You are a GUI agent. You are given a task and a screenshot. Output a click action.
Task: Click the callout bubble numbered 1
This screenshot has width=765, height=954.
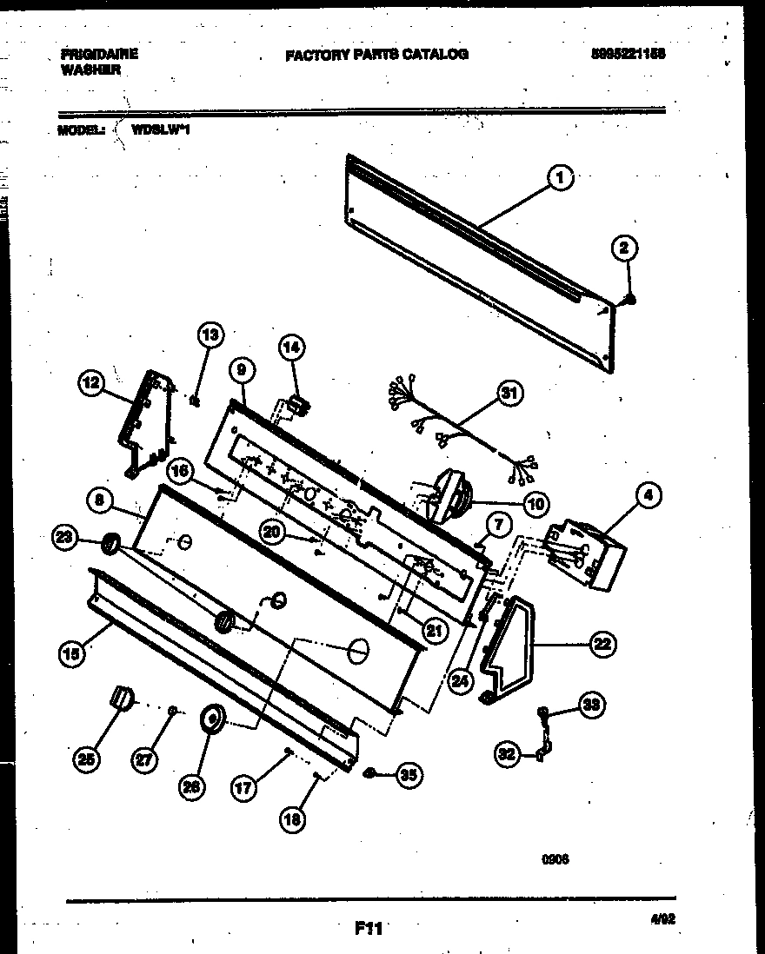(560, 178)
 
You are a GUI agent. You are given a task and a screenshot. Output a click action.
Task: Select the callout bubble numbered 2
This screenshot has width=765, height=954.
(622, 248)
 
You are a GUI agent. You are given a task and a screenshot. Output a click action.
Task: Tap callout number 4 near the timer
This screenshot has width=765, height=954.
(647, 496)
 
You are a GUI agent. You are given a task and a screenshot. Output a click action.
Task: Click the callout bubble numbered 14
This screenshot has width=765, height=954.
(292, 348)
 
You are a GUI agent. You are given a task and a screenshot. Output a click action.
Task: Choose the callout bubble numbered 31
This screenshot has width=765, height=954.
(509, 394)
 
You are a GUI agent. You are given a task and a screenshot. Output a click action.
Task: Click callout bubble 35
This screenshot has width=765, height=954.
(408, 776)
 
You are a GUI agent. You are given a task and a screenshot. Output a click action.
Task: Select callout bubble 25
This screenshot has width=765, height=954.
(85, 759)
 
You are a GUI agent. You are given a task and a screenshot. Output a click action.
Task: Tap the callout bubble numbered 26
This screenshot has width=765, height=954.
(191, 788)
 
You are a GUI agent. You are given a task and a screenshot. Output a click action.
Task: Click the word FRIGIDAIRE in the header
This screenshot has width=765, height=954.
(98, 54)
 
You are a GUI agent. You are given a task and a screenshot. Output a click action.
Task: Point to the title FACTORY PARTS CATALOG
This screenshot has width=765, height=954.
(376, 54)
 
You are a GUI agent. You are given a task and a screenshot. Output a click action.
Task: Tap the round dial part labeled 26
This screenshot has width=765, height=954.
(212, 719)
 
